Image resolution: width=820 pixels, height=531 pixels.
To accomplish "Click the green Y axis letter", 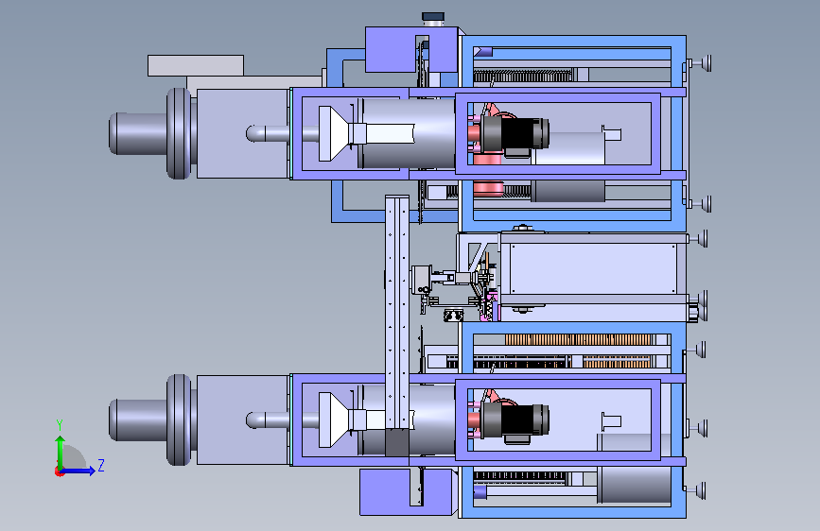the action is pos(60,425).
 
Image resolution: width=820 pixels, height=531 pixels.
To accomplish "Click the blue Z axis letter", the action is pos(101,465).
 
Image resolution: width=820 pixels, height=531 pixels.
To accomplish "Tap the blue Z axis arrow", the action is pos(79,471).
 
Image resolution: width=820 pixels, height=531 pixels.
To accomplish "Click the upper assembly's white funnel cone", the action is pos(334,134).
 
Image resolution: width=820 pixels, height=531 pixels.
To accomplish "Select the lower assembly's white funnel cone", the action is pos(334,420).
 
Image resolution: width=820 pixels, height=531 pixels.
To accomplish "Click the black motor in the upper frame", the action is pos(515,134).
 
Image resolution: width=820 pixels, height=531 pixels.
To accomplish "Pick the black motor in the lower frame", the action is pos(515,420).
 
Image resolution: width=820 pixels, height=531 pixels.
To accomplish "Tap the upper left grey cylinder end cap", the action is pos(139,134).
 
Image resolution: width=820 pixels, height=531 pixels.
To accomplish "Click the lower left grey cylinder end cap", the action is pos(139,420).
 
